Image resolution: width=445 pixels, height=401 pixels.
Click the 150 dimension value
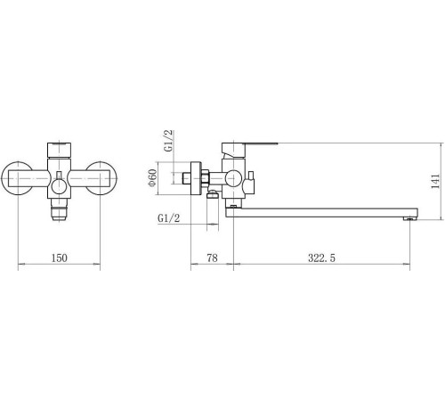pos(60,258)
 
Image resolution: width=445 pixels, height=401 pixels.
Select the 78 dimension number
pos(212,258)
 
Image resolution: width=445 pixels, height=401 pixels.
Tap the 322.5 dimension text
pos(321,258)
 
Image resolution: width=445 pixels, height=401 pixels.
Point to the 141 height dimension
pos(435,182)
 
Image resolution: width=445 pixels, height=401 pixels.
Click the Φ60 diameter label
pos(152,177)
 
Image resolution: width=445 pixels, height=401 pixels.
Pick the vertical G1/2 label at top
pos(168,141)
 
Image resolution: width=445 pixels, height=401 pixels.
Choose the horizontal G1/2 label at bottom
pos(168,218)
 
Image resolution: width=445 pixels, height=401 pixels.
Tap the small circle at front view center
pos(59,187)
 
